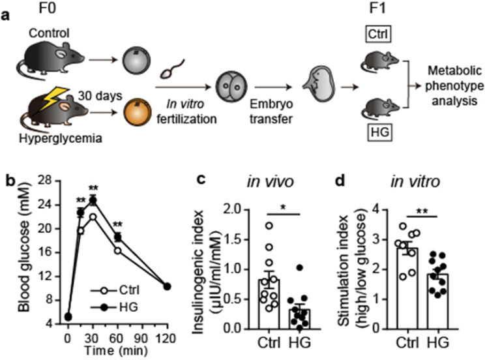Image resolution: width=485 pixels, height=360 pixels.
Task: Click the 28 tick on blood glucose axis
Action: [47, 181]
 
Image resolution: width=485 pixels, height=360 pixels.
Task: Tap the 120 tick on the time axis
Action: [185, 338]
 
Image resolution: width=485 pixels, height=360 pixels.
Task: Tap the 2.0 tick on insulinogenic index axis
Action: [237, 209]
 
